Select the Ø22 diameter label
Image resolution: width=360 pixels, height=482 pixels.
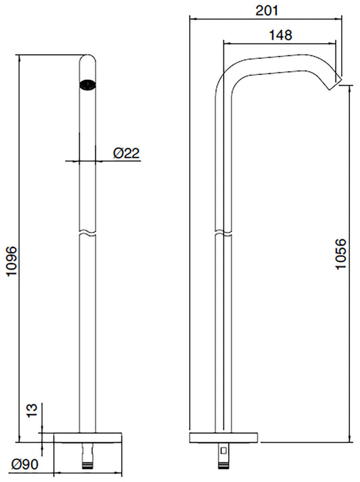click(126, 153)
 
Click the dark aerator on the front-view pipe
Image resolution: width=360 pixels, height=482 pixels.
click(86, 85)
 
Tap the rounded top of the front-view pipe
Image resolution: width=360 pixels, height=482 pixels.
click(86, 59)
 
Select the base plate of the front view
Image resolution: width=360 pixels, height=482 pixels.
click(86, 436)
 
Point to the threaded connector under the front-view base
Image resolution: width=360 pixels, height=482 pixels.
click(86, 458)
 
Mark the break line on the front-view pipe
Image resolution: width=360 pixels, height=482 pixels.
click(86, 234)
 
